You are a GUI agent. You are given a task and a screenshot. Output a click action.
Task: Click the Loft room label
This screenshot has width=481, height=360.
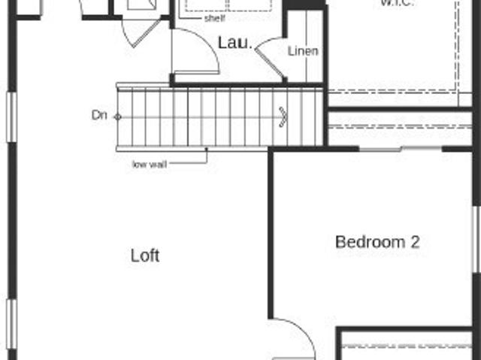point(145,256)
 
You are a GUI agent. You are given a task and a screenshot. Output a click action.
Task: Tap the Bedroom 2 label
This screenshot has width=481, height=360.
point(377,242)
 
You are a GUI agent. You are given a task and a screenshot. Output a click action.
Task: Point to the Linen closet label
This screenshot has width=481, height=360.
point(303,51)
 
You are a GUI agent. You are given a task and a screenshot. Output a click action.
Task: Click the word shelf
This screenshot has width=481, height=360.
point(214,19)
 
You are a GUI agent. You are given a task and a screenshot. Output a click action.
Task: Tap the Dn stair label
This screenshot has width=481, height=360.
point(99,115)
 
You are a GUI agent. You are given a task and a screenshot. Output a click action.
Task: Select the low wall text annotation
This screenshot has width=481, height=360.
point(150,164)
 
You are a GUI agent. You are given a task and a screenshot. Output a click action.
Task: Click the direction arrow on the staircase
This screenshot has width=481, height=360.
point(283,116)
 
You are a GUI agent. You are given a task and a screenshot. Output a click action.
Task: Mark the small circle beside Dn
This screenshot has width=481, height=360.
point(116,116)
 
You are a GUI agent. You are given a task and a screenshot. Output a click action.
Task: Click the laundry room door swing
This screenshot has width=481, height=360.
point(197,51)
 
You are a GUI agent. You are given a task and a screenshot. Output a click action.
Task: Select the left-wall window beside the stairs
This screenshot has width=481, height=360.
point(11,116)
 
